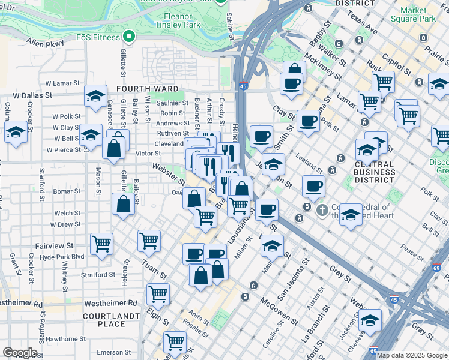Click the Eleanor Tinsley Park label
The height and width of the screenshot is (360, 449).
[177, 20]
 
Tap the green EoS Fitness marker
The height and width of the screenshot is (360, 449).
[128, 37]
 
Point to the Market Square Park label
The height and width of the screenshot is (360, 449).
[418, 14]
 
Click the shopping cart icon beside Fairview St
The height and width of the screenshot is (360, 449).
[101, 244]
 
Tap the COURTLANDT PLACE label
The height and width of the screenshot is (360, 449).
[104, 320]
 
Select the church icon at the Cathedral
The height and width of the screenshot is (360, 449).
[322, 210]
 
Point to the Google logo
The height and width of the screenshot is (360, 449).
[20, 352]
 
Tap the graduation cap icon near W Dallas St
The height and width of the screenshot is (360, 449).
[95, 97]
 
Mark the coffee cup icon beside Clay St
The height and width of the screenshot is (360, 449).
[308, 121]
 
